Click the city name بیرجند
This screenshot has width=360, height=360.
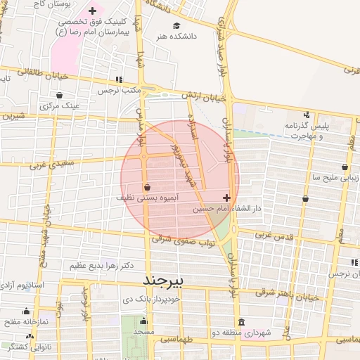click(162, 281)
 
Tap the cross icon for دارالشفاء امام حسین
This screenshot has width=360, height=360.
click(226, 198)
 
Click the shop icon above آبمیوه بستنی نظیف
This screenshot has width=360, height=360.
click(147, 188)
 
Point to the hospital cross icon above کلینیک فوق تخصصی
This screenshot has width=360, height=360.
click(93, 11)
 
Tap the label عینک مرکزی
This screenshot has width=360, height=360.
click(61, 105)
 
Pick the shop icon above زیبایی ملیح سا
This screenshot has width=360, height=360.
click(345, 167)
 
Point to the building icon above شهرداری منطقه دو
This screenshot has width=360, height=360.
click(241, 322)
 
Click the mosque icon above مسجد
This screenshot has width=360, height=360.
click(143, 321)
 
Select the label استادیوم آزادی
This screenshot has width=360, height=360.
click(23, 285)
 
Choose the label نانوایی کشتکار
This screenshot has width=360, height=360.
click(22, 347)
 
